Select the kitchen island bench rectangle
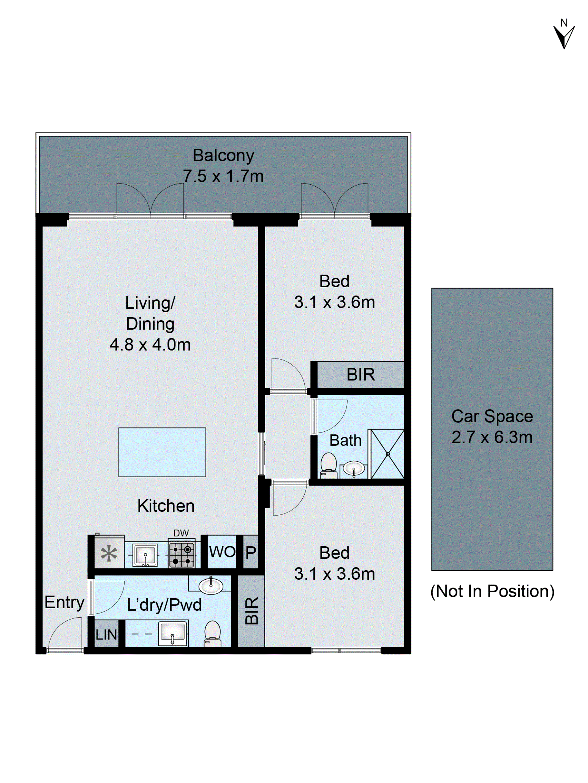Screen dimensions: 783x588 (x=162, y=452)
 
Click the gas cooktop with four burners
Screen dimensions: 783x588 (x=181, y=555)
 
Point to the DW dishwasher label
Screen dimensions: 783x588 (x=181, y=533)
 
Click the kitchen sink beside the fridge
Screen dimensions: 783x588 (x=145, y=555)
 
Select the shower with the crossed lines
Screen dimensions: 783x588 (x=387, y=454)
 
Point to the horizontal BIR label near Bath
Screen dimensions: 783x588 (x=360, y=374)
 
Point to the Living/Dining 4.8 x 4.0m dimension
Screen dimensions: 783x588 (x=150, y=344)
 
